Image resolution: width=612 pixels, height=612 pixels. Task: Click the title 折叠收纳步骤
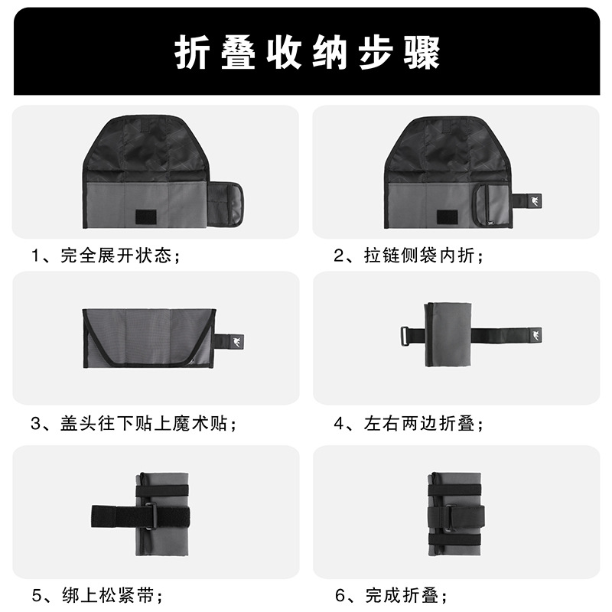[x=308, y=53]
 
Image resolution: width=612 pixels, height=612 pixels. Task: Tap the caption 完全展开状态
[x=116, y=256]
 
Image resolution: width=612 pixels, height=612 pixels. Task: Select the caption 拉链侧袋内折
[x=418, y=256]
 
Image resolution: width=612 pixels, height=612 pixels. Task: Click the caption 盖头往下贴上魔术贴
[x=144, y=424]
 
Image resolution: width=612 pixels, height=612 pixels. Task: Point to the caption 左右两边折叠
[x=418, y=424]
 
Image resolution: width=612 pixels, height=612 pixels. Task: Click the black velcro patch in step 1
[x=146, y=217]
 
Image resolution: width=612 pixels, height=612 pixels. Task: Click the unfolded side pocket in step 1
[x=224, y=204]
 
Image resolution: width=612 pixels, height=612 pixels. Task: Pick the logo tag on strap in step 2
[x=533, y=201]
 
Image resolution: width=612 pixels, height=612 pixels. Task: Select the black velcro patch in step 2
[x=447, y=217]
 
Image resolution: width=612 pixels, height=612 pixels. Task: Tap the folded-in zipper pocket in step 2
[x=491, y=205]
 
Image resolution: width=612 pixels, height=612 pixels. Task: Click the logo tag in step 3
[x=236, y=342]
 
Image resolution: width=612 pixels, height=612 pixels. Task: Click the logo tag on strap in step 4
[x=534, y=335]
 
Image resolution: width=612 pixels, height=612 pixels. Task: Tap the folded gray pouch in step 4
[x=448, y=335]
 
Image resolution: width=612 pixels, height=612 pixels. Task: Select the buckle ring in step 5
[x=151, y=516]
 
